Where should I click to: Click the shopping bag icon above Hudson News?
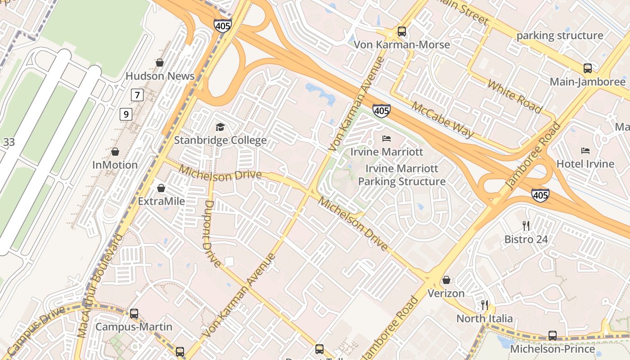(159, 63)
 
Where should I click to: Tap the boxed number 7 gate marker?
(137, 95)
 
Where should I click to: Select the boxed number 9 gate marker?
(126, 114)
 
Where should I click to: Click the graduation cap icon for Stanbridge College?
(220, 127)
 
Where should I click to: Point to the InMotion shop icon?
(115, 152)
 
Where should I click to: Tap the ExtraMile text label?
(161, 201)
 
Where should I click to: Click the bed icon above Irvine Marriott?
(387, 139)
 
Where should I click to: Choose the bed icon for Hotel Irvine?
(585, 150)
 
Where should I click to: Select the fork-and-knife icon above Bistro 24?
(526, 225)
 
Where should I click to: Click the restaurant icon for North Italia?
(485, 305)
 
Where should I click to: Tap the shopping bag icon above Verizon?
(446, 280)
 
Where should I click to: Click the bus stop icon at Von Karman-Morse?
(401, 31)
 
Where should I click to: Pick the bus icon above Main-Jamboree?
(587, 68)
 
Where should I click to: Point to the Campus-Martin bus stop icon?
(134, 313)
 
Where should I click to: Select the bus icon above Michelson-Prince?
(552, 335)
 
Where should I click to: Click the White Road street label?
(514, 96)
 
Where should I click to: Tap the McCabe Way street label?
(442, 119)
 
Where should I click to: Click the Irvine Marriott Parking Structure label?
(401, 175)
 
